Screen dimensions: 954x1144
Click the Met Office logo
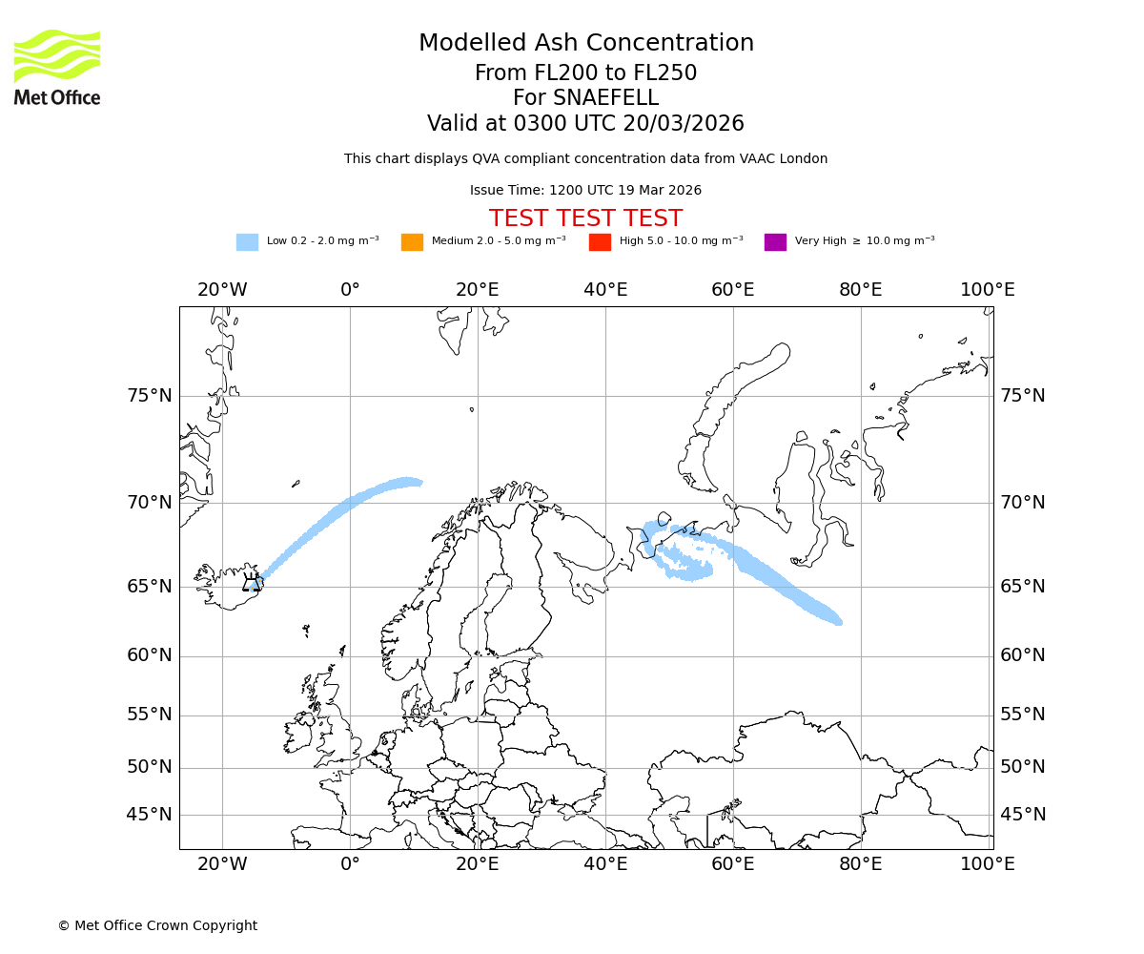[57, 67]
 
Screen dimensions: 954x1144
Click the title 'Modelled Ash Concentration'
[586, 43]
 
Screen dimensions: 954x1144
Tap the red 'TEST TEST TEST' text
[585, 218]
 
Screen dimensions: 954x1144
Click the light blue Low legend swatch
[247, 241]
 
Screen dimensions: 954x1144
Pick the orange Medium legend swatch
[412, 241]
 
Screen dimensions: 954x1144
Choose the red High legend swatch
[600, 241]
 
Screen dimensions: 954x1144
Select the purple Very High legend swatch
[775, 241]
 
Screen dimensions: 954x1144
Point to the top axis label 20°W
[222, 290]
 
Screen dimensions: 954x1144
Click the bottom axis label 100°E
[988, 864]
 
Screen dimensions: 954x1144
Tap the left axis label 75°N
[150, 396]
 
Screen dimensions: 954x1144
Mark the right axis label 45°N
[1023, 815]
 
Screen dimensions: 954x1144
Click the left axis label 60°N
[150, 655]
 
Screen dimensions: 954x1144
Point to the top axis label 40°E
[605, 290]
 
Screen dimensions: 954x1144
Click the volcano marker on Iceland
[252, 583]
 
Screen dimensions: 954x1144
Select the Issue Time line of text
[585, 190]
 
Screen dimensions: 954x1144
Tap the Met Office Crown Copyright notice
[157, 925]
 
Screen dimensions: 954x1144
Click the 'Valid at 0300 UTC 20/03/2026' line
[585, 124]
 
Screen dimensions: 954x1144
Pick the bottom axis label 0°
[350, 864]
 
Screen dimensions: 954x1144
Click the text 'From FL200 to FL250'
[585, 73]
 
